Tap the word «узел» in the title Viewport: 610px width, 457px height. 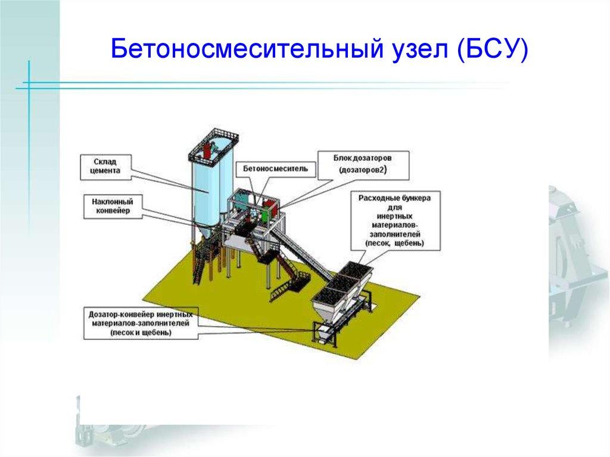click(x=428, y=49)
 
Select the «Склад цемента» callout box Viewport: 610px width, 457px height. click(x=107, y=166)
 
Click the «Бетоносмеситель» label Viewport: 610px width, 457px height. click(x=275, y=169)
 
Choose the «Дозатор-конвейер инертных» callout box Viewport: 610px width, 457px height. click(x=141, y=322)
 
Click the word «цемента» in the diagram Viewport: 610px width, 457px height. click(x=107, y=170)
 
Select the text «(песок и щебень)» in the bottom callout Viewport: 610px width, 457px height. click(x=141, y=332)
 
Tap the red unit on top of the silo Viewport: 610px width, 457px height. click(x=210, y=149)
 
